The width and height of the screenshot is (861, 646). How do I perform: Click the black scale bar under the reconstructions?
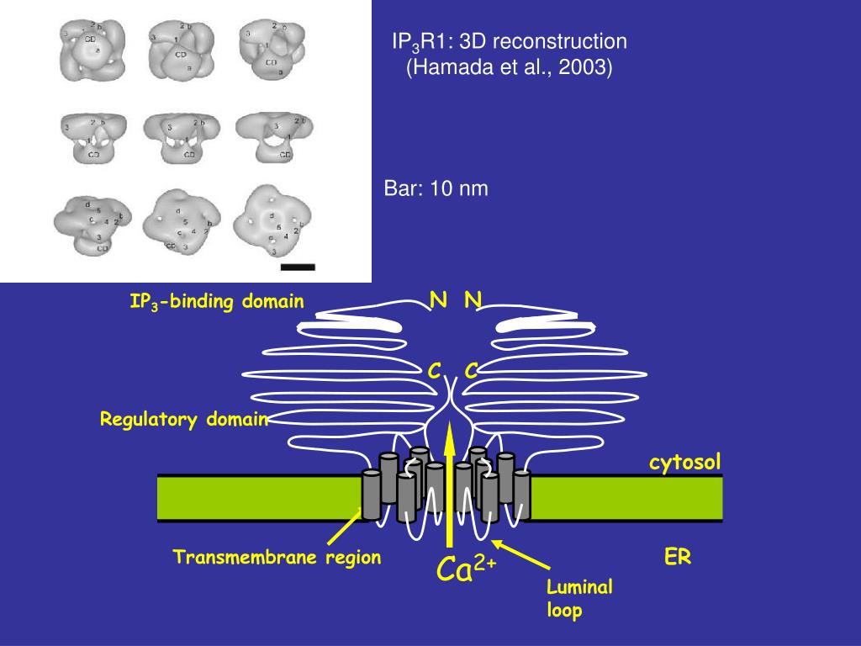[297, 267]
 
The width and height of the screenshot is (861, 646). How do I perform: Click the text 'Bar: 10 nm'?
[436, 188]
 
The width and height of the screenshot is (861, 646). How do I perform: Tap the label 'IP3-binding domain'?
[216, 302]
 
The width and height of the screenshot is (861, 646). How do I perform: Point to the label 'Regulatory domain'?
[184, 419]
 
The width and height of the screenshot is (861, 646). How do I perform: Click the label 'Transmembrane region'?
[277, 557]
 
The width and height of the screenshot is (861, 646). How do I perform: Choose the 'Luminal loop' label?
[579, 598]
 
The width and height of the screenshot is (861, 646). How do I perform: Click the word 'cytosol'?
[684, 461]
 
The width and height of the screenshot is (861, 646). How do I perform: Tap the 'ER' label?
[678, 557]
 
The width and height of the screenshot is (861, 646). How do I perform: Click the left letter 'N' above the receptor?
[438, 299]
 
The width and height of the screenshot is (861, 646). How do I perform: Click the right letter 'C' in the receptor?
[471, 370]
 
